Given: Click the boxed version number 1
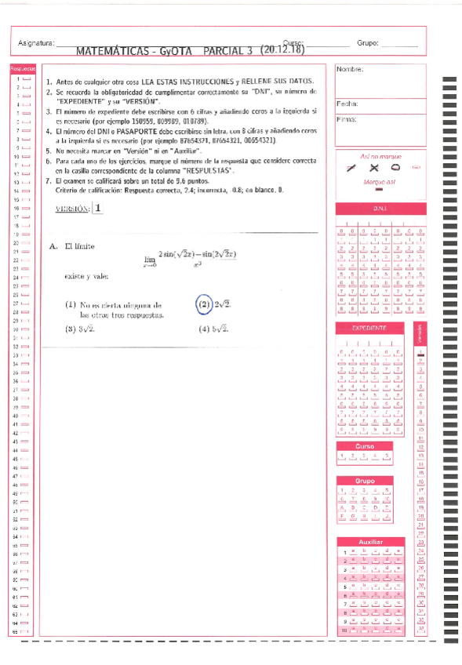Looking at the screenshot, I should tap(98, 209).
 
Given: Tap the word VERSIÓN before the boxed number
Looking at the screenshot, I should tap(72, 209).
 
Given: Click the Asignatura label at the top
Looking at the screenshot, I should tap(35, 43).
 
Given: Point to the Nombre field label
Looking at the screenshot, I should tap(349, 70).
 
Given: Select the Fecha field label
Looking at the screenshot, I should tap(347, 104).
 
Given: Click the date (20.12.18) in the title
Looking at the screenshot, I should tap(281, 49).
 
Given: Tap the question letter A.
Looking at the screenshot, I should tap(53, 245).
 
